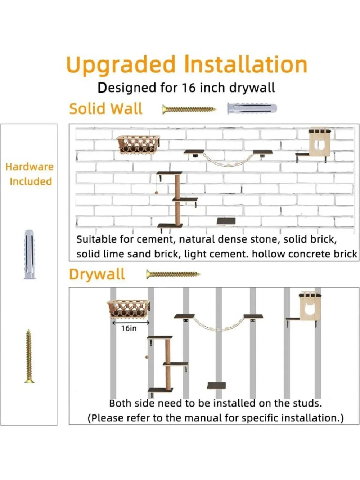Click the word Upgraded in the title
121,65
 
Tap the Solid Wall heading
106,109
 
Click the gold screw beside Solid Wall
189,109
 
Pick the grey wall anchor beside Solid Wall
252,108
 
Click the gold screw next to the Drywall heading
173,274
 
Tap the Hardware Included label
30,174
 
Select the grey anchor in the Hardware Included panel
30,254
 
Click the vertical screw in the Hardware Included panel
29,356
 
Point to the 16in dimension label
129,328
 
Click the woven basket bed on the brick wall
138,144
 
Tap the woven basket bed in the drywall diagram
129,309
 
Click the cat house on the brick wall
320,142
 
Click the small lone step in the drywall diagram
216,386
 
